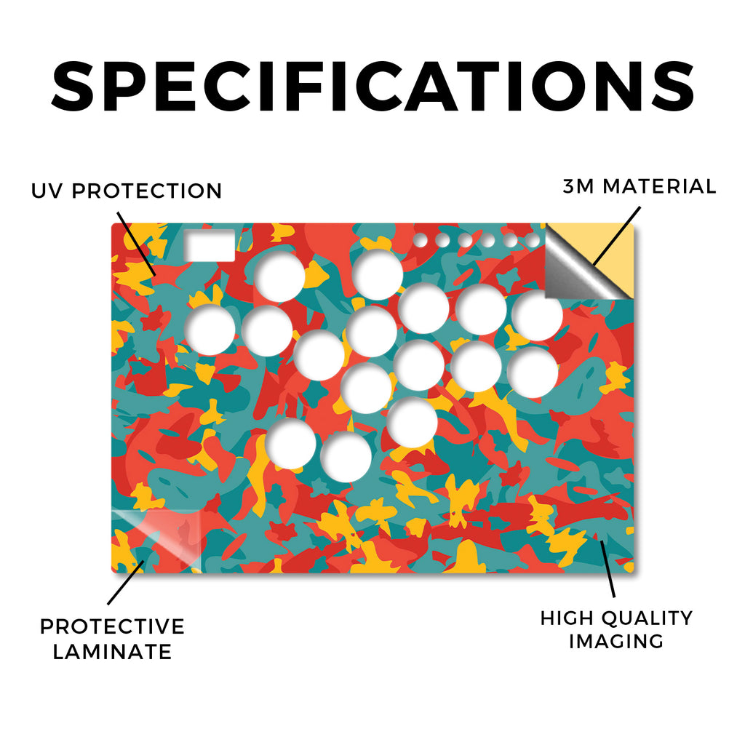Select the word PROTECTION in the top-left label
[147, 191]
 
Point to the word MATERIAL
[659, 186]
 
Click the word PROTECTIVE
[112, 626]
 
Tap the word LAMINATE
[112, 651]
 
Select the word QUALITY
[644, 618]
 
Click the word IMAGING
[616, 641]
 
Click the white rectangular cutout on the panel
[210, 245]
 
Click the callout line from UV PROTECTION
[137, 244]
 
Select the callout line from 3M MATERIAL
[616, 236]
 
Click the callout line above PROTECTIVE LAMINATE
[126, 583]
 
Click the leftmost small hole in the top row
[420, 240]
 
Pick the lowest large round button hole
[346, 457]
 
